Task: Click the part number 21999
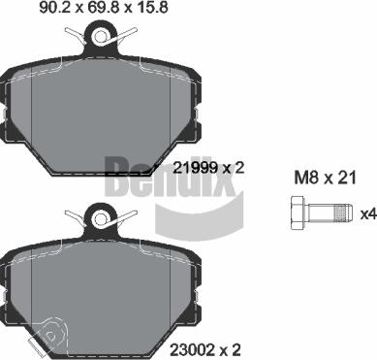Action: [193, 167]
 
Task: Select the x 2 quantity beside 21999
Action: [232, 167]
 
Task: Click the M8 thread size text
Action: [306, 177]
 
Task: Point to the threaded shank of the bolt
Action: [330, 213]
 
